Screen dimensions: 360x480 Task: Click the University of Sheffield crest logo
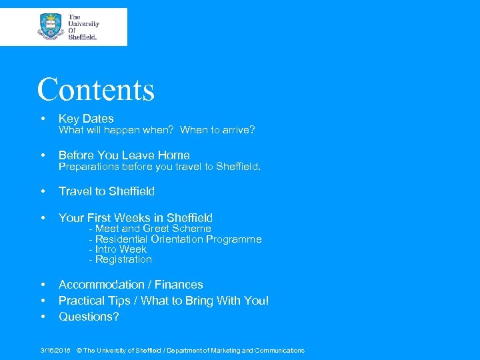pos(50,27)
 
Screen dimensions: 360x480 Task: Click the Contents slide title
pos(96,90)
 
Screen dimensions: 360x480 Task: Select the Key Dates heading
pos(86,119)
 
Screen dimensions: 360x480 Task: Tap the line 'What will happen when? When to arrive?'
pos(157,130)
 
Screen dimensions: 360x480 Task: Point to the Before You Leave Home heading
pos(124,155)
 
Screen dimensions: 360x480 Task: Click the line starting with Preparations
pos(159,166)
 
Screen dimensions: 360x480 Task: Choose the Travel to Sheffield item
pos(107,191)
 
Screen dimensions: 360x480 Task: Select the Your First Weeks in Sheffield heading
pos(135,218)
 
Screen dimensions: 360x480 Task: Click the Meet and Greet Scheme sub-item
pos(150,229)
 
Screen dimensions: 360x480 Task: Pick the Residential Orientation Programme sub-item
pos(175,239)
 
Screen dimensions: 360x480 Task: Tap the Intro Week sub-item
pos(117,249)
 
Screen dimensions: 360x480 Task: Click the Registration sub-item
pos(121,259)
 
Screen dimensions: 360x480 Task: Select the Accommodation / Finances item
pos(131,285)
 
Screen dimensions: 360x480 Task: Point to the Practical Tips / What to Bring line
pos(164,301)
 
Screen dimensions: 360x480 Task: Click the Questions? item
pos(89,317)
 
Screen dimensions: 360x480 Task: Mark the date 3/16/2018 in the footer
pos(55,351)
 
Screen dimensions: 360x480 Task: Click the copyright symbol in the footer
pos(79,351)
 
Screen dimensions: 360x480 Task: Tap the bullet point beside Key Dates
pos(43,119)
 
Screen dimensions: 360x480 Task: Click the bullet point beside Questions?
pos(43,317)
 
